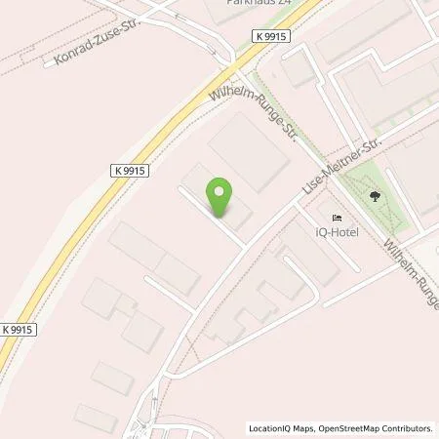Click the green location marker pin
pyautogui.click(x=221, y=196)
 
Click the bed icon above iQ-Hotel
pyautogui.click(x=338, y=217)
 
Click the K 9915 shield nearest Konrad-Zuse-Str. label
pyautogui.click(x=132, y=169)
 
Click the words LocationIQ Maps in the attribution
pyautogui.click(x=282, y=428)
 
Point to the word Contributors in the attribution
pyautogui.click(x=407, y=428)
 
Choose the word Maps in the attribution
pyautogui.click(x=300, y=428)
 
